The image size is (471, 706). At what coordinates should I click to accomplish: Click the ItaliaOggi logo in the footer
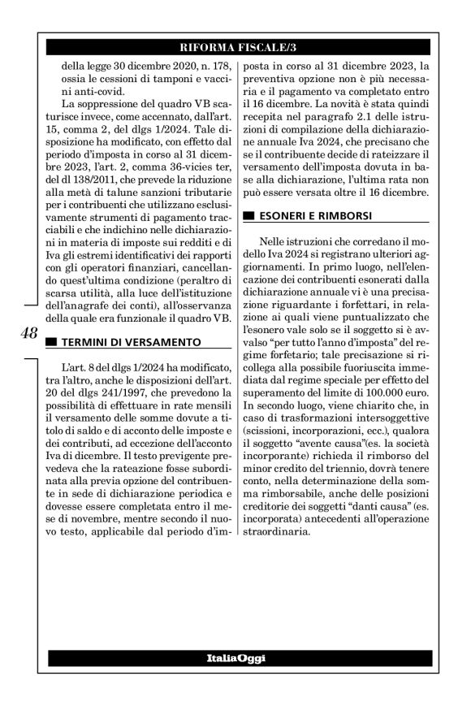(x=235, y=656)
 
